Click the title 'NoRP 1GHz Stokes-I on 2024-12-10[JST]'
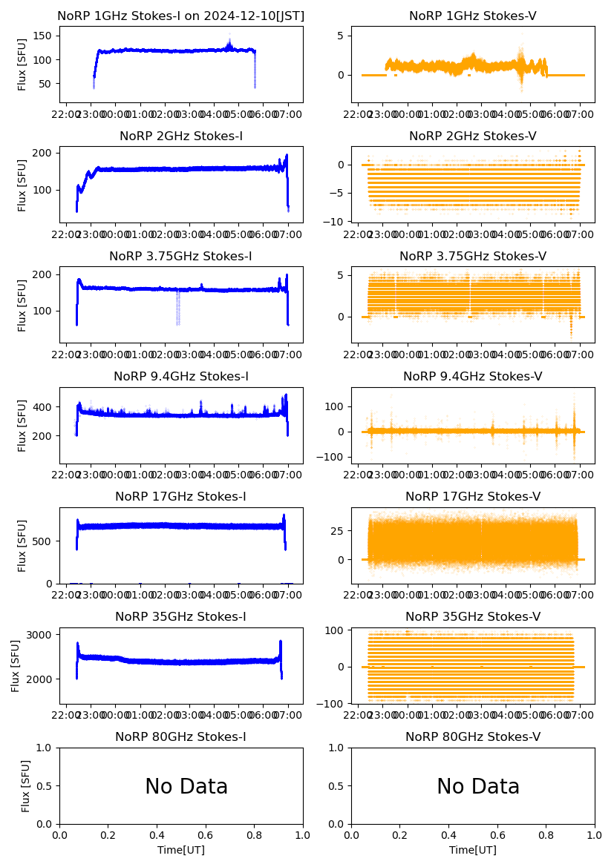pos(181,16)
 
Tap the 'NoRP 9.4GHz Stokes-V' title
pos(473,377)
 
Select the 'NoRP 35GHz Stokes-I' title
pos(181,617)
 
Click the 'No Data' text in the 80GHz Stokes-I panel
pos(186,787)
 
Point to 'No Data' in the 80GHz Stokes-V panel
pos(478,787)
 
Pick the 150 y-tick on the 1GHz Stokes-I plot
pos(45,35)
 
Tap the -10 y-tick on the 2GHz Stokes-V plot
pos(339,222)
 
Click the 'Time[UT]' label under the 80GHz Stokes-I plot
pos(181,850)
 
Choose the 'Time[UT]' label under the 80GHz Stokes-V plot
pos(473,850)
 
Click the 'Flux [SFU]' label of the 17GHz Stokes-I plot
pos(22,546)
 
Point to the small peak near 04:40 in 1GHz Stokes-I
pos(229,44)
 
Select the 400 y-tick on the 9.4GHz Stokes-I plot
pos(45,407)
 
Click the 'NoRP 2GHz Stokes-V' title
pos(473,136)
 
